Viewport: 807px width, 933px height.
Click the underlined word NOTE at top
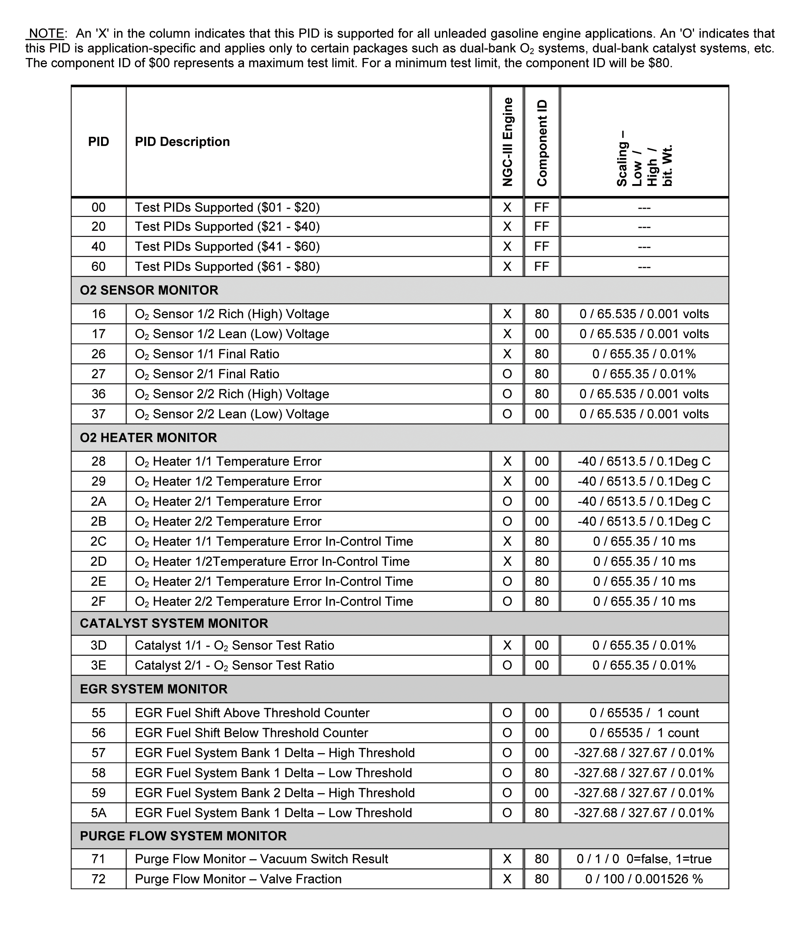tap(46, 34)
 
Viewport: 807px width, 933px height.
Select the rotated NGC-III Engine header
tap(508, 142)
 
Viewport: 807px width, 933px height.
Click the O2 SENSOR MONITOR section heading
tap(149, 291)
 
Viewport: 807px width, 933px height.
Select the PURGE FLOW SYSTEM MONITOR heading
tap(183, 836)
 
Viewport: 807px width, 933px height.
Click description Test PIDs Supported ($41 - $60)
tap(227, 247)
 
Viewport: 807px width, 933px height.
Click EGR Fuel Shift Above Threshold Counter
tap(252, 713)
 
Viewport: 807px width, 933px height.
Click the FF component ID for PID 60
tap(542, 267)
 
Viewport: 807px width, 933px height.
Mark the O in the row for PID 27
tap(507, 374)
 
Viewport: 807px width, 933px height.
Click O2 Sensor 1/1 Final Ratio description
tap(207, 354)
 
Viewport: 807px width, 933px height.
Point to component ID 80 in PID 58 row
tap(542, 773)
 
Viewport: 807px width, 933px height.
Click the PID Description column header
tap(183, 142)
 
